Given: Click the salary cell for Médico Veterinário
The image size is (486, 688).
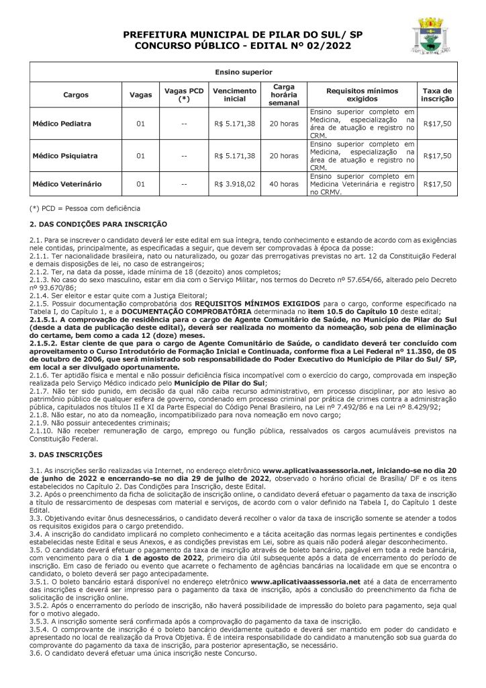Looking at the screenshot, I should [234, 183].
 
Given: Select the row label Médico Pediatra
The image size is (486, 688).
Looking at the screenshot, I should [62, 124].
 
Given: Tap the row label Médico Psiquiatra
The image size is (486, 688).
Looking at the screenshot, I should [65, 156].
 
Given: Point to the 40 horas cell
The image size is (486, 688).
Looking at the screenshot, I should [284, 183].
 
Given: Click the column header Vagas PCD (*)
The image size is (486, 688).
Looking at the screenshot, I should [183, 95].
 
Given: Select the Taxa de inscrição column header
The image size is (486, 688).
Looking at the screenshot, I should [437, 95].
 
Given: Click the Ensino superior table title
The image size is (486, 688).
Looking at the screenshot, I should [243, 71].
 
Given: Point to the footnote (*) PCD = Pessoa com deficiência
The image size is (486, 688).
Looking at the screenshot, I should [85, 208].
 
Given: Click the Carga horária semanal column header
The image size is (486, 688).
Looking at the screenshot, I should [284, 95].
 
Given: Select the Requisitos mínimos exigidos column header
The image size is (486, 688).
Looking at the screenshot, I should [362, 95].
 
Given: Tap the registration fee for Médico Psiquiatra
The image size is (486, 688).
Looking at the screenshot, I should [437, 156].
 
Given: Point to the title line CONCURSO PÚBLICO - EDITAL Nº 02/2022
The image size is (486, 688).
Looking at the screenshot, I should [242, 45].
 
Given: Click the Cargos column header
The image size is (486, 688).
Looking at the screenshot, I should [76, 95].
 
